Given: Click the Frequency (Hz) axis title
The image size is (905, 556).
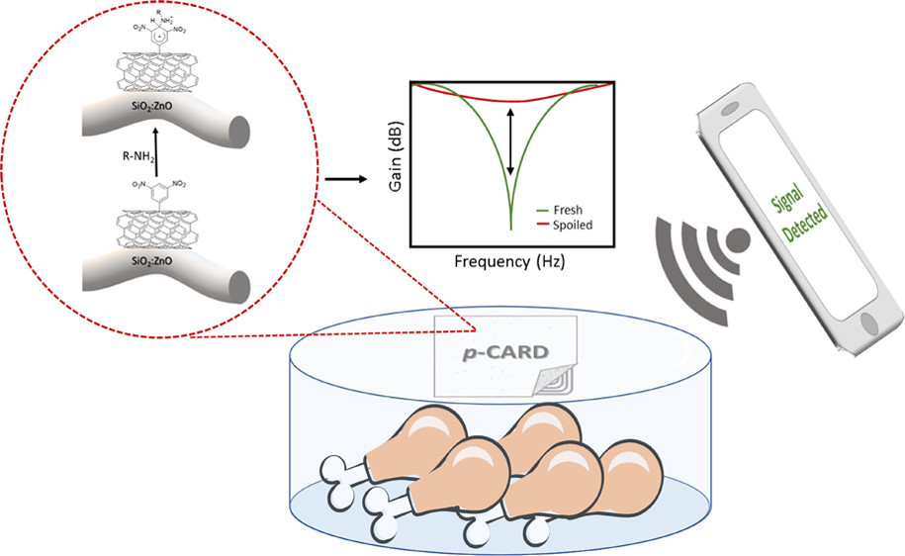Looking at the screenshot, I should [509, 263].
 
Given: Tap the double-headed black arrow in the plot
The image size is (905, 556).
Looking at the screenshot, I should [510, 141].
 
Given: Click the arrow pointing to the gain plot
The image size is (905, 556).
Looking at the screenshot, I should [341, 179].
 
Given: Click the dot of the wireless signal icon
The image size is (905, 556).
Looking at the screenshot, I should [736, 240].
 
